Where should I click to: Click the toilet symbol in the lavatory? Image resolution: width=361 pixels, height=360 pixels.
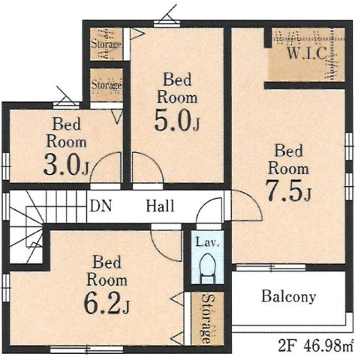tap(208, 268)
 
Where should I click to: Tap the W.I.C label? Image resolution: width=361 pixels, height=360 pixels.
tap(307, 52)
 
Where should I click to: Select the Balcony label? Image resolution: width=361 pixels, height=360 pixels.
tap(288, 296)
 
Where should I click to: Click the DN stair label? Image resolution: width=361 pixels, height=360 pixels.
tap(101, 206)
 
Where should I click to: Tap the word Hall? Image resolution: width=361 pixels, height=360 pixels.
tap(160, 206)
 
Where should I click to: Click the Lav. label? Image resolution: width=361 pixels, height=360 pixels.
tap(207, 242)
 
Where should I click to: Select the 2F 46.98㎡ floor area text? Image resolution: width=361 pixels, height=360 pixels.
tap(316, 346)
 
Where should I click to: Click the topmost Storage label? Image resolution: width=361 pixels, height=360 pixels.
tap(106, 44)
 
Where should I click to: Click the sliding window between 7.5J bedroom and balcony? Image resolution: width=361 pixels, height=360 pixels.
tap(271, 268)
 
